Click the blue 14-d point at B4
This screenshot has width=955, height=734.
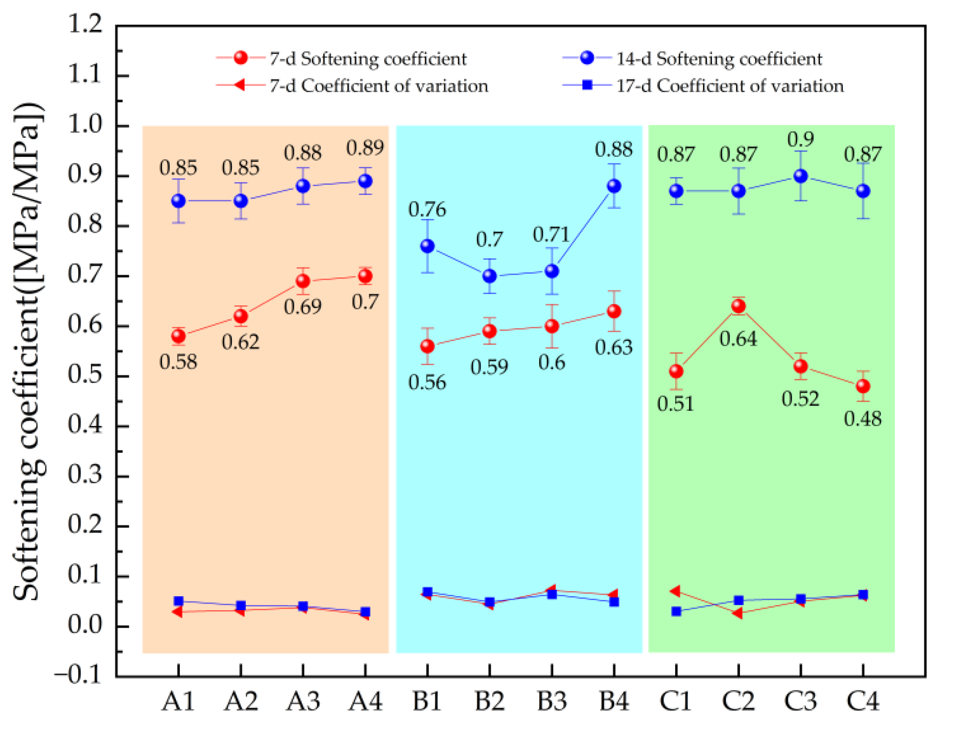tap(614, 186)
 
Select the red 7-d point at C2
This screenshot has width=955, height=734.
tap(738, 306)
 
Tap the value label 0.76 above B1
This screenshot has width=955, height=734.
tap(427, 209)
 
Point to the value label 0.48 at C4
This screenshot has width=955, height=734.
tap(862, 419)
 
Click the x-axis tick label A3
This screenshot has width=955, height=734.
tap(303, 700)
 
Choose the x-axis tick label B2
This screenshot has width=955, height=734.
tap(489, 700)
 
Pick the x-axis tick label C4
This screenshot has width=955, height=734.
tap(862, 700)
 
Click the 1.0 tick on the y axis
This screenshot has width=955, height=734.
tap(85, 125)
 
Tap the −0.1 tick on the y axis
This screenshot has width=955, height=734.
tap(78, 675)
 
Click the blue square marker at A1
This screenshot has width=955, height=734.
tap(178, 601)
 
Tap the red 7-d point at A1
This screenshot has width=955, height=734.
tap(178, 336)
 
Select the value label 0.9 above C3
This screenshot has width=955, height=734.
tap(800, 139)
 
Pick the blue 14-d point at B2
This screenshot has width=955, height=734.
tap(489, 276)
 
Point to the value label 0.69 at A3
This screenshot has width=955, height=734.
tap(303, 307)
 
